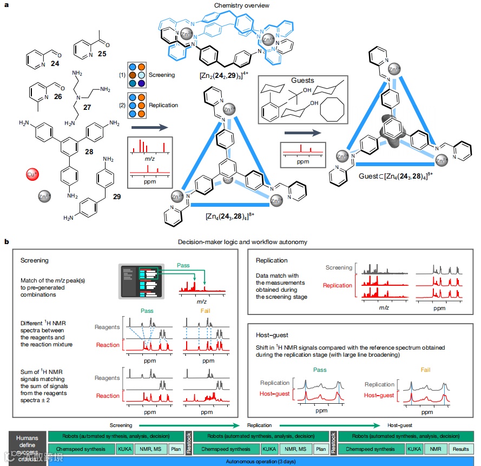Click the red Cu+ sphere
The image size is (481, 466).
pos(32,174)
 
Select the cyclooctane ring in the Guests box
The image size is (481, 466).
pos(332,113)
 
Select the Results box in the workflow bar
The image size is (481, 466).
pos(461,449)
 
